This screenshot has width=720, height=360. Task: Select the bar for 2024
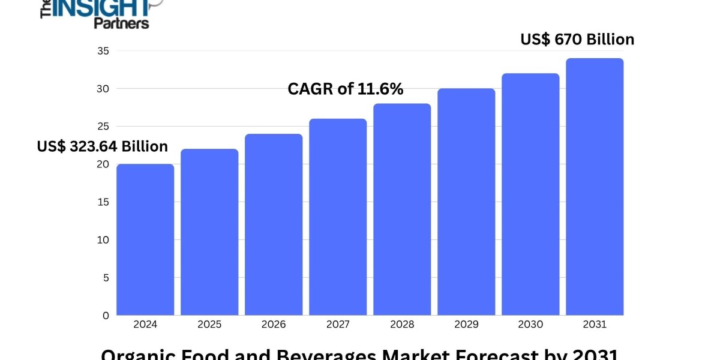[145, 239]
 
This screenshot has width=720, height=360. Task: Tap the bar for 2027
[338, 217]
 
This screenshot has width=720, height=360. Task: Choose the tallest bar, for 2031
[595, 187]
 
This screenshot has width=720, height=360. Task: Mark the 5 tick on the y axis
[105, 278]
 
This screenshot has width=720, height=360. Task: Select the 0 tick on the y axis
[105, 315]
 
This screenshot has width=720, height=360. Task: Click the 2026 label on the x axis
[274, 325]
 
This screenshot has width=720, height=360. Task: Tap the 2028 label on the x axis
[402, 325]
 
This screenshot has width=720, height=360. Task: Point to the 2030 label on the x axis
[530, 325]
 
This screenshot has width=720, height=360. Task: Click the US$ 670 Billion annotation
[577, 40]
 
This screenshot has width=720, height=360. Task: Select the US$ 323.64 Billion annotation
[103, 146]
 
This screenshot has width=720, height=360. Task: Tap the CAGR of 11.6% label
[346, 89]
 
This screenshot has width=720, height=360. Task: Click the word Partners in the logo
[121, 23]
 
